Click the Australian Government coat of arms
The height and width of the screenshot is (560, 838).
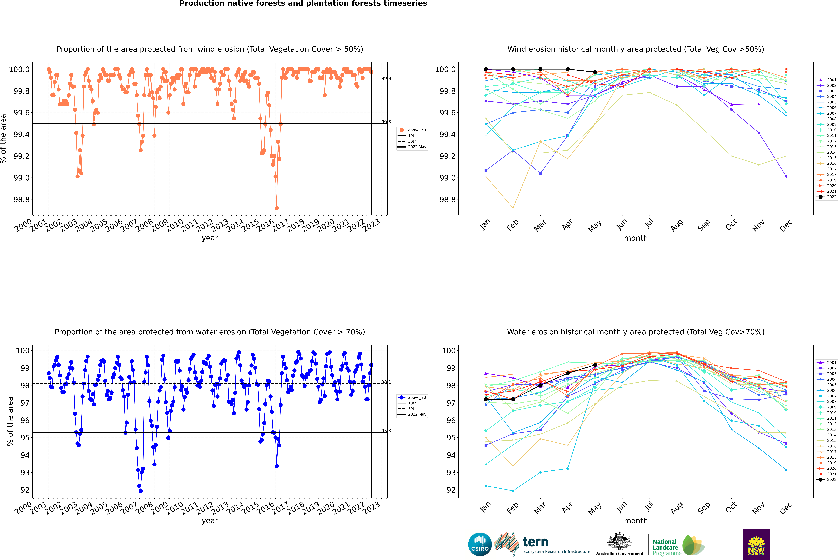pos(619,541)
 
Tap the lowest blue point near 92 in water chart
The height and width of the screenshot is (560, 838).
pos(140,491)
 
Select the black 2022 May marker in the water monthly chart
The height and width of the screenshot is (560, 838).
pos(595,365)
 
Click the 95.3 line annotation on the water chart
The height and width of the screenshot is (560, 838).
pos(386,431)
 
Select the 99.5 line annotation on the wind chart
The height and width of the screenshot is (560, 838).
pos(386,122)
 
